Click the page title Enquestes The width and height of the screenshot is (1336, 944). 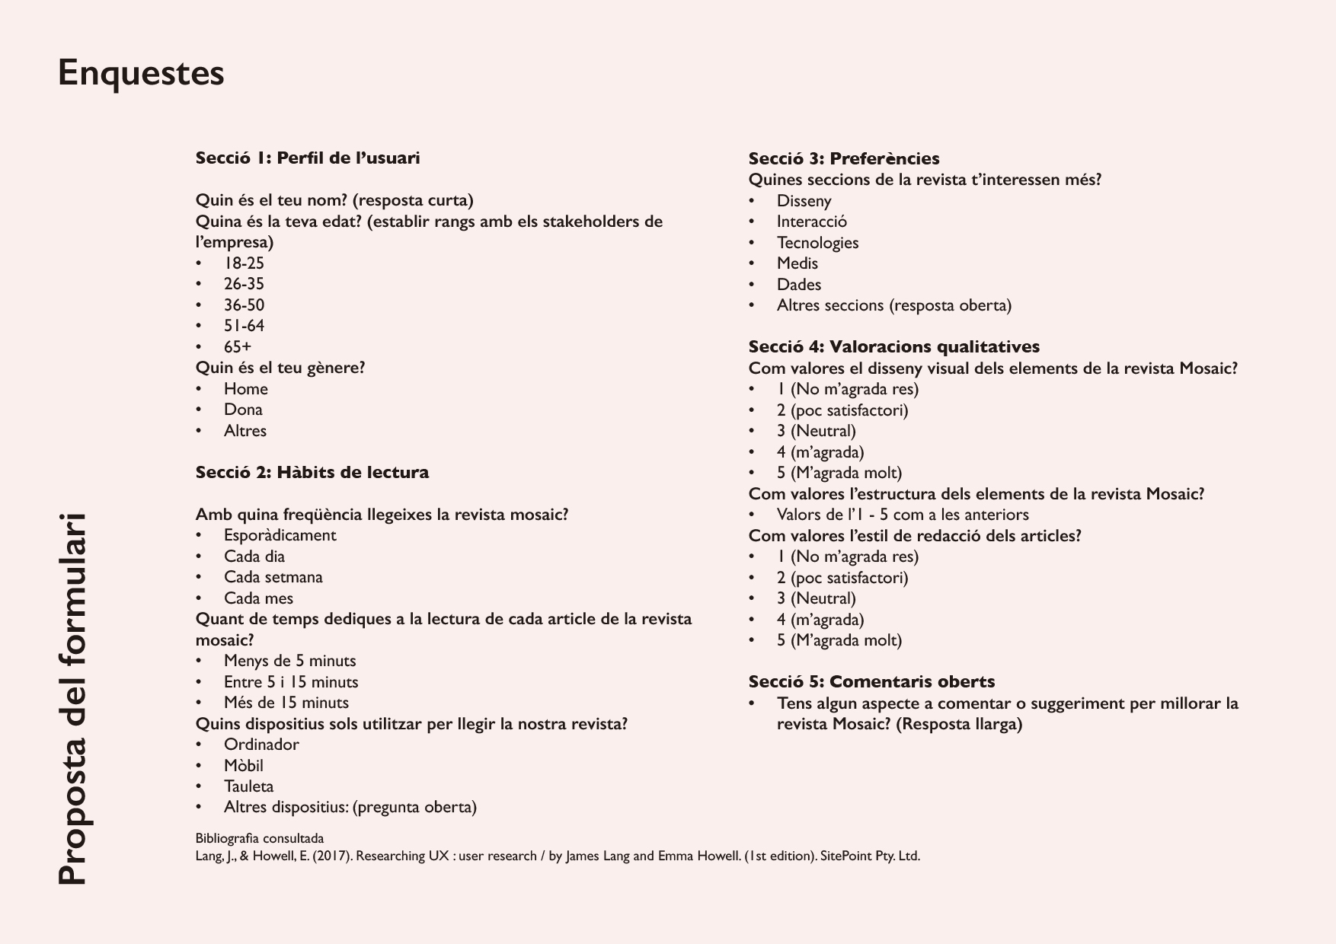(141, 74)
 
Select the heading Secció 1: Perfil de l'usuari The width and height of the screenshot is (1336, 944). (308, 158)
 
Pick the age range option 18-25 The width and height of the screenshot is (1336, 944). (244, 263)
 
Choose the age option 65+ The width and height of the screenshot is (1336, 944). (238, 347)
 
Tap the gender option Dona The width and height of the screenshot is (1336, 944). (243, 410)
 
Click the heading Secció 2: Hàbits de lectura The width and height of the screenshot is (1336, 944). (312, 472)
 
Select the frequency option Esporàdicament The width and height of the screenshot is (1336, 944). (280, 535)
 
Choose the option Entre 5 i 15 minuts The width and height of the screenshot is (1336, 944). (291, 682)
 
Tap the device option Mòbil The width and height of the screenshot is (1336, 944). (243, 766)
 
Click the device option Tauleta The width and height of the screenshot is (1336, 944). (248, 786)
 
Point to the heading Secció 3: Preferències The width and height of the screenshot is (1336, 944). (844, 158)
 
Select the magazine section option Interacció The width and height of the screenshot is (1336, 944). (811, 222)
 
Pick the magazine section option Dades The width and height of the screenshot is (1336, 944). (799, 285)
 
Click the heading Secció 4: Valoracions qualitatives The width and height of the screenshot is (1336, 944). (893, 347)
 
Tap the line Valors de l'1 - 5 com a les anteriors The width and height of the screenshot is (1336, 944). (903, 515)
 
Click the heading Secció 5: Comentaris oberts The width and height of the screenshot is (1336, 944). (871, 682)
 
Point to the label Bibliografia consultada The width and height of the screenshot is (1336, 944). (260, 839)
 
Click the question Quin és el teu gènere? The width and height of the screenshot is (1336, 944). (280, 368)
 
